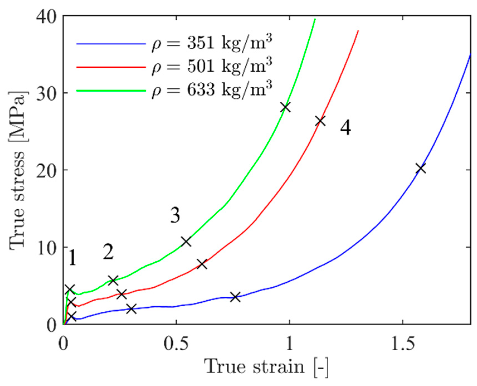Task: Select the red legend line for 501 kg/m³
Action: [x=111, y=67]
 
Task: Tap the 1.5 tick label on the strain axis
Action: [x=403, y=344]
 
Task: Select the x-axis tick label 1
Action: [x=290, y=344]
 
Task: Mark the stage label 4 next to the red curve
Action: [x=346, y=128]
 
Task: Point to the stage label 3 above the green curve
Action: [x=175, y=216]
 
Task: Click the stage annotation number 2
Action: [x=108, y=252]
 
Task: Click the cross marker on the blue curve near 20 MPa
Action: [x=421, y=168]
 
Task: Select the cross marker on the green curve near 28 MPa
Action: [x=285, y=107]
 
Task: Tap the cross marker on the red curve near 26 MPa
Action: [x=321, y=121]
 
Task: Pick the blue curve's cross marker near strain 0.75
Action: [x=236, y=297]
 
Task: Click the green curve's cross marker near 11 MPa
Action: [x=186, y=241]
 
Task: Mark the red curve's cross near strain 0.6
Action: [x=202, y=264]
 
